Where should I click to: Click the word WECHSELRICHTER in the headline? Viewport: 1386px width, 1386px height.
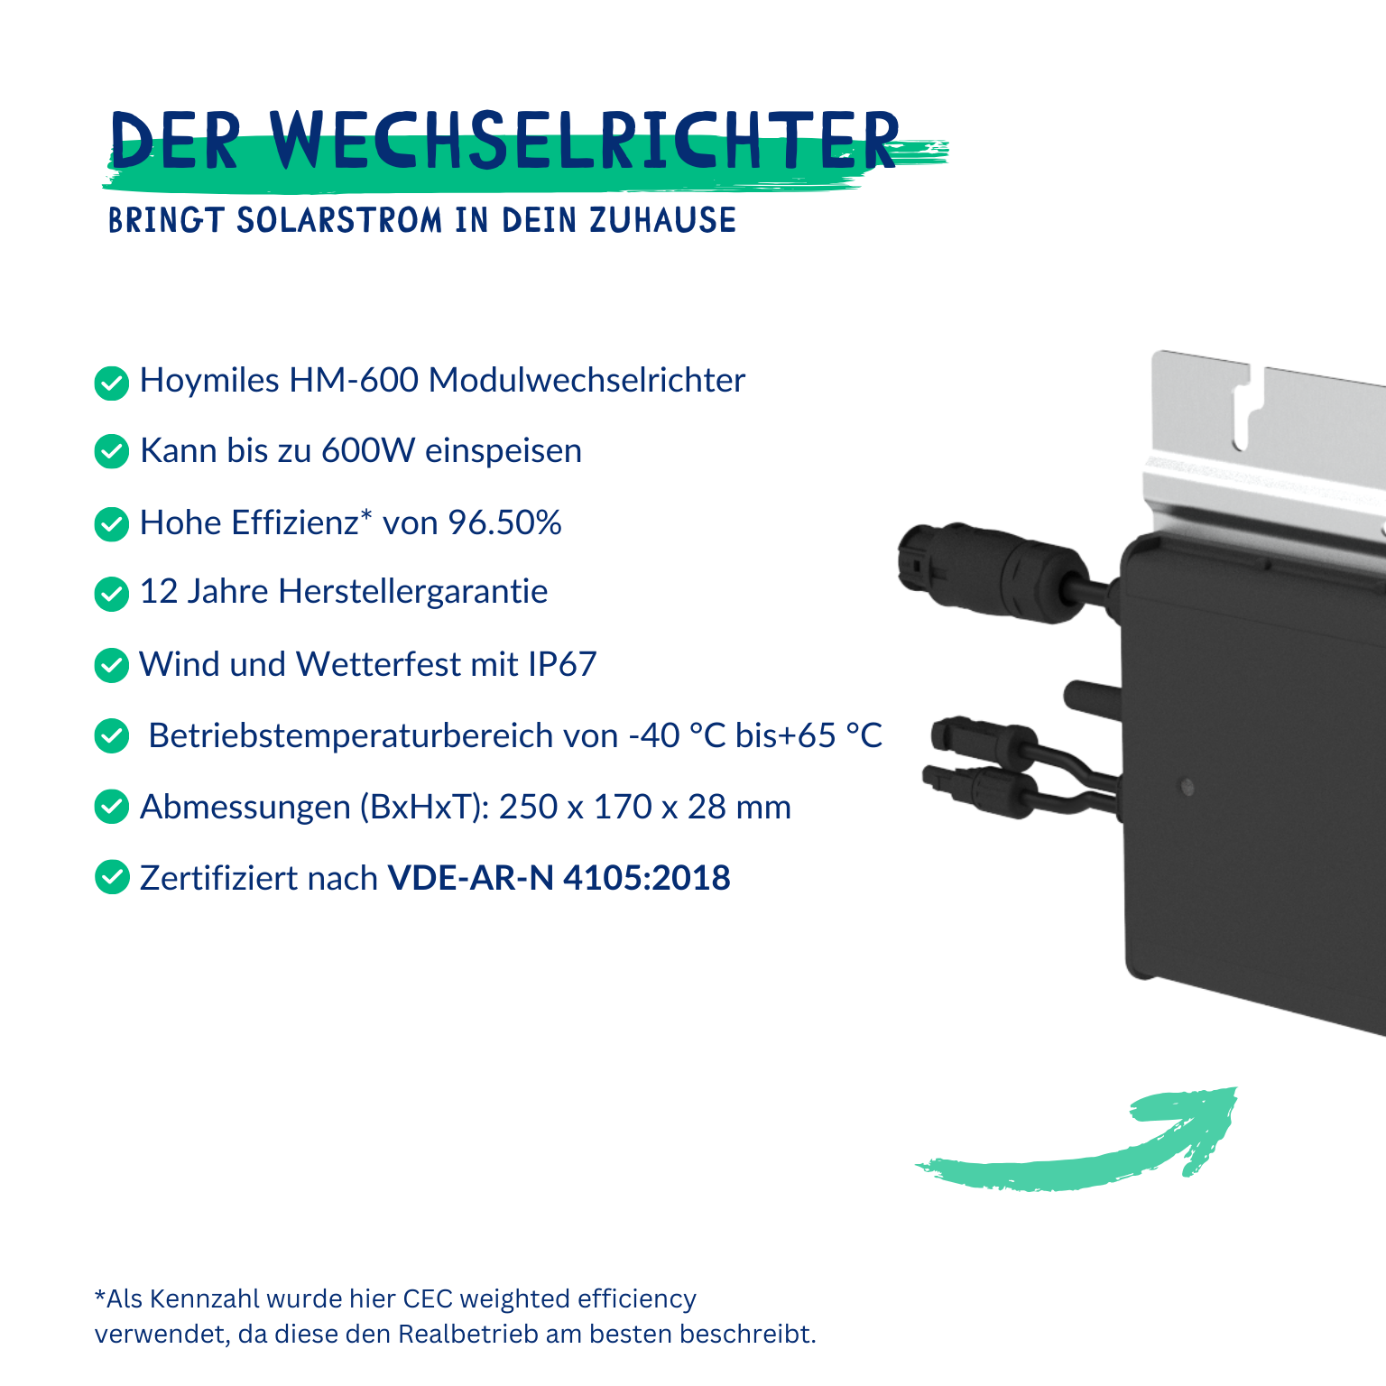point(585,141)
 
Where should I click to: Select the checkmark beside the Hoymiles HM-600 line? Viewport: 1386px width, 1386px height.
point(112,383)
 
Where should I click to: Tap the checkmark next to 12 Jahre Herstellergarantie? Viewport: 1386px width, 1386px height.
point(112,594)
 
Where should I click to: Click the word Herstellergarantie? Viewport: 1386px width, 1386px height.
point(413,591)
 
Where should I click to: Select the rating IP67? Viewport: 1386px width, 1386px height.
point(562,664)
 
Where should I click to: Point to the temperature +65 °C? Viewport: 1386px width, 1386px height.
point(830,735)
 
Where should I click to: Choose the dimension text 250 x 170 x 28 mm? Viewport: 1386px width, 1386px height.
point(645,807)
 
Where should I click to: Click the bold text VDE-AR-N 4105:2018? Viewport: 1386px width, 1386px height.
point(559,878)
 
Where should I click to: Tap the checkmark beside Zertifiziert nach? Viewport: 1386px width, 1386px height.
point(112,877)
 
